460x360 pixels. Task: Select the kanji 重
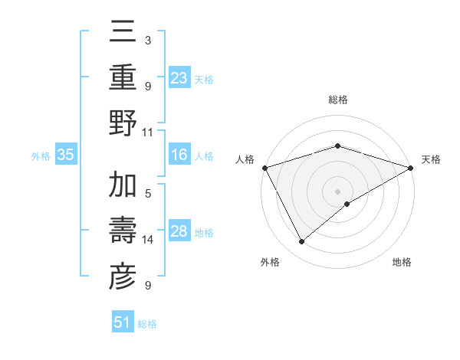[x=123, y=79]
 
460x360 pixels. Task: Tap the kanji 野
[x=123, y=125]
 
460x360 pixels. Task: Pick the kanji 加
[x=123, y=186]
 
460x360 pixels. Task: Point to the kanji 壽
[x=123, y=231]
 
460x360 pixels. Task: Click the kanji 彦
[x=123, y=277]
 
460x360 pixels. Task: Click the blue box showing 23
[x=179, y=77]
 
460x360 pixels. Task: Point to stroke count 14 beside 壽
[x=148, y=240]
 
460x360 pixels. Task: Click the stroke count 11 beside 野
[x=148, y=132]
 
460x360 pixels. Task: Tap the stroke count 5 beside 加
[x=148, y=194]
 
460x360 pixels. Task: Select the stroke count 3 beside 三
[x=148, y=40]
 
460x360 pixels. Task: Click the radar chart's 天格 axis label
[x=431, y=159]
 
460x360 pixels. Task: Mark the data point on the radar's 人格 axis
[x=264, y=168]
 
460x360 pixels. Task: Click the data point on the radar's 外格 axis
[x=301, y=242]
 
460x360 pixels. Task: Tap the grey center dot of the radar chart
[x=338, y=191]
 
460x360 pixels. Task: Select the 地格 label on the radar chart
[x=402, y=263]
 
